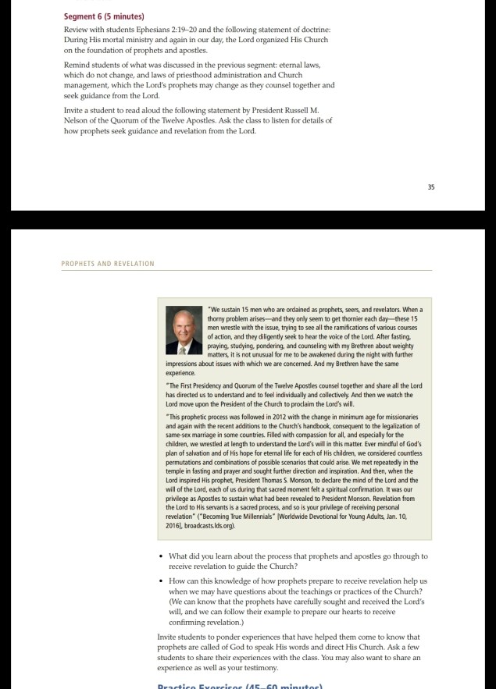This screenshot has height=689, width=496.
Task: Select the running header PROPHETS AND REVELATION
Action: tap(108, 264)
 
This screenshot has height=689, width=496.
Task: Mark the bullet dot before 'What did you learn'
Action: tap(160, 557)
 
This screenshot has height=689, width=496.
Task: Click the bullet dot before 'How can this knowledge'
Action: tap(160, 582)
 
